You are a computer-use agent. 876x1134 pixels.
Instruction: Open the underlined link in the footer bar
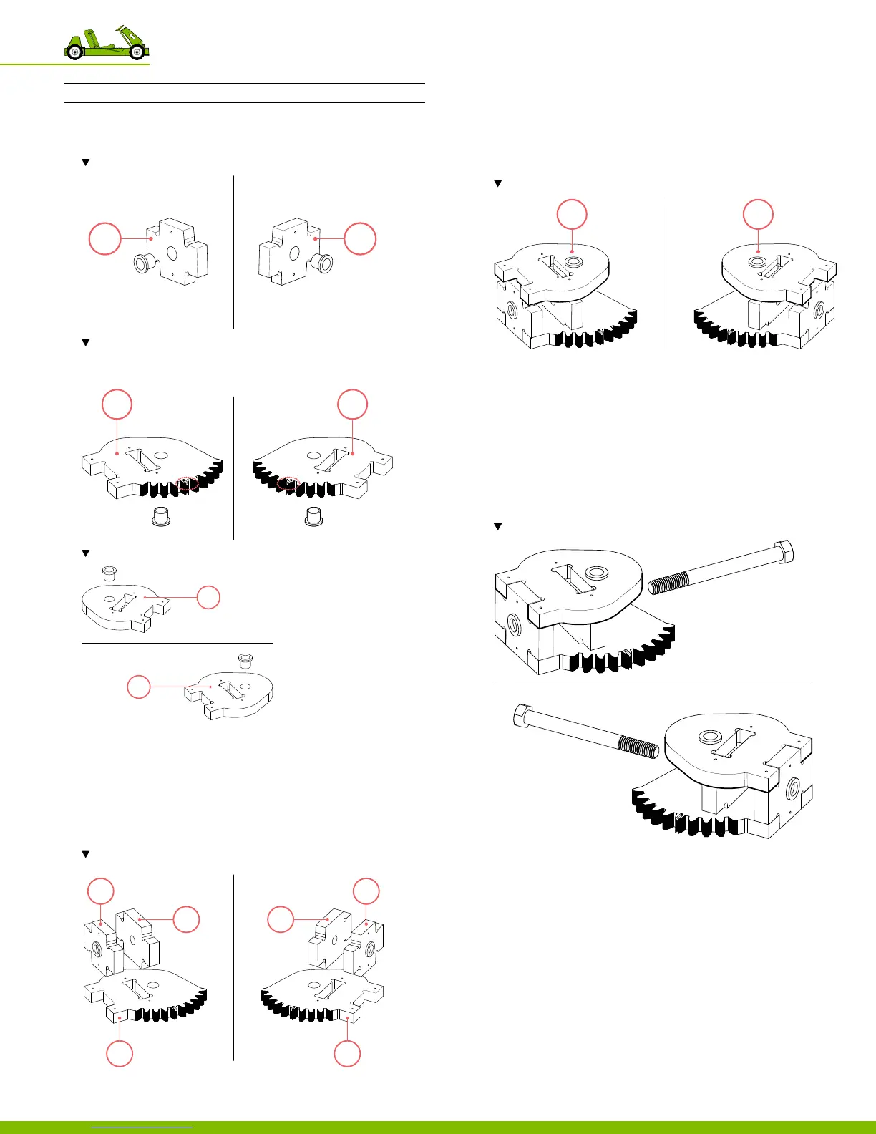pos(142,1127)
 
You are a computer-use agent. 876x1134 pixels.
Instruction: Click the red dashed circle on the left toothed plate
pos(188,484)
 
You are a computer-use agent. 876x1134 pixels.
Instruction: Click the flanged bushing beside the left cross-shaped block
pos(144,264)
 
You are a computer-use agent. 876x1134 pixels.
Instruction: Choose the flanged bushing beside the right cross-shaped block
pos(322,264)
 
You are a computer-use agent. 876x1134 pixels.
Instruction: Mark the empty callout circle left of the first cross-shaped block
pos(104,238)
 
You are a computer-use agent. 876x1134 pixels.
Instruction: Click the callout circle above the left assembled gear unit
pos(572,214)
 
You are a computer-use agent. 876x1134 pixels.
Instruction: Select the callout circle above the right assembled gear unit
pos(758,214)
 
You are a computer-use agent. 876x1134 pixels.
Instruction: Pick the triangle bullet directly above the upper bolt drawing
pos(498,527)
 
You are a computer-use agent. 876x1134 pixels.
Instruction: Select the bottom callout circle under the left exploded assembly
pos(120,1054)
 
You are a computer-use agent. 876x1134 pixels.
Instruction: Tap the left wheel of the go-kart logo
pos(74,52)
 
